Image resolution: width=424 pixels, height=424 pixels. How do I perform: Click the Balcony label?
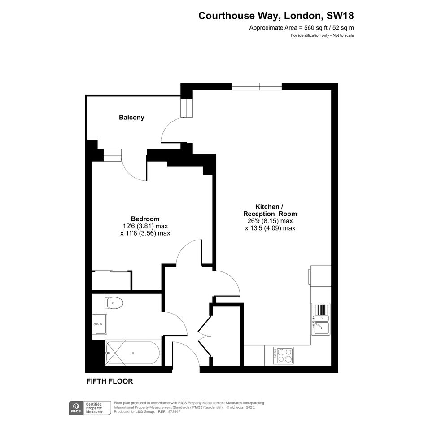click(131, 118)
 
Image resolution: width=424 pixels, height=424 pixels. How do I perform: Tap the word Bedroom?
click(145, 219)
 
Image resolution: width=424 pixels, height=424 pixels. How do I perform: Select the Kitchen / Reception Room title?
click(270, 210)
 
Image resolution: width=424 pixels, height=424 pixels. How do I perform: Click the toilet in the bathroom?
click(115, 302)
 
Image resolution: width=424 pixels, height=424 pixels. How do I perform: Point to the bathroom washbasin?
click(100, 324)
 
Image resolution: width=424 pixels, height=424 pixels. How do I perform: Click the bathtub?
click(132, 353)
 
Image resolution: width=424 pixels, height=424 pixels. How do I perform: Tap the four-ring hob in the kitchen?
click(283, 356)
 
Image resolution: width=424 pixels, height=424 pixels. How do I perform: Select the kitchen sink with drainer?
click(321, 319)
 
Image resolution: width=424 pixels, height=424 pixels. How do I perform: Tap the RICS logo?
click(76, 408)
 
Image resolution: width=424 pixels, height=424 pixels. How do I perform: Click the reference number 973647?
click(174, 412)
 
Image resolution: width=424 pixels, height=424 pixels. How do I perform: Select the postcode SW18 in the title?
click(340, 16)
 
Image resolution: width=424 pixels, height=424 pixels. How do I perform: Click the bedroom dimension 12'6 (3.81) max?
click(145, 226)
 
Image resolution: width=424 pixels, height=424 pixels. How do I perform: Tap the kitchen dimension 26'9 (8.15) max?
click(270, 221)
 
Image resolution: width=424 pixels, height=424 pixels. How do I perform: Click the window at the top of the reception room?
click(257, 87)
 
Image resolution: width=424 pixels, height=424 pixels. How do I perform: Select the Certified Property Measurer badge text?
click(94, 408)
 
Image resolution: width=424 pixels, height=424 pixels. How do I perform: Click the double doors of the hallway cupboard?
click(205, 337)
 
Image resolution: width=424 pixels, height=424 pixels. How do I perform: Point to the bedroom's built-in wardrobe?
click(112, 280)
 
